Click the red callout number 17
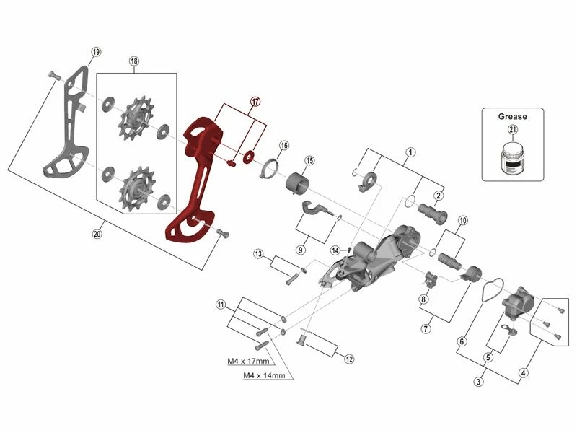[255, 102]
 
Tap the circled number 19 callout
[96, 51]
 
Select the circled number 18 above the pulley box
[134, 61]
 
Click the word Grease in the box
[512, 116]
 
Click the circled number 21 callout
[513, 130]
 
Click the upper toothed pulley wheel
[134, 118]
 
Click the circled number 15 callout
[309, 160]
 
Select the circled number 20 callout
[98, 233]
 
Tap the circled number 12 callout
[350, 358]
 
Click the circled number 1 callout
[410, 152]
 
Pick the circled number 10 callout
[462, 220]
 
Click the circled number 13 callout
[257, 254]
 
